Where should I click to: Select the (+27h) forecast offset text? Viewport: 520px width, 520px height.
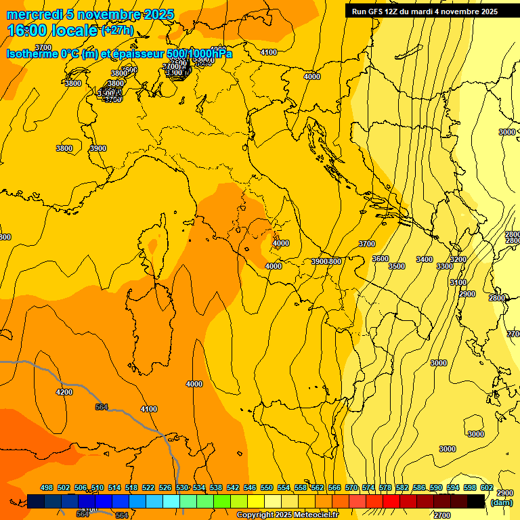117,30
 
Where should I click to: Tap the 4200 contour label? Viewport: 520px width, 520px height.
64,392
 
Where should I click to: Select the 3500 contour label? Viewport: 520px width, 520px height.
397,266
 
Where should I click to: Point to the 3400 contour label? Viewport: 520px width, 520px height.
425,259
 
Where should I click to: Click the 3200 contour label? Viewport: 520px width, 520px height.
458,259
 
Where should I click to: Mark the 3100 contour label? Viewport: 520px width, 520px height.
458,282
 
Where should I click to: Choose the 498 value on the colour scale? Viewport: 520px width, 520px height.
47,487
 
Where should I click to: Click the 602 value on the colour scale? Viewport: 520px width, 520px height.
487,487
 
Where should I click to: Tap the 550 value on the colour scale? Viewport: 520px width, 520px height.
267,487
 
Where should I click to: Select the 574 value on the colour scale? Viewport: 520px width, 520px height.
368,487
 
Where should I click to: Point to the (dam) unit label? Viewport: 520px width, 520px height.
502,502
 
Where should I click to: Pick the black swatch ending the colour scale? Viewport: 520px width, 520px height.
476,501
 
